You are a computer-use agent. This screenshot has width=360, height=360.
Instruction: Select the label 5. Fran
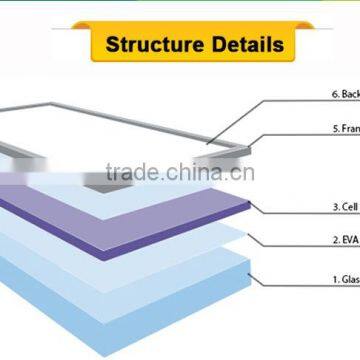[343, 129]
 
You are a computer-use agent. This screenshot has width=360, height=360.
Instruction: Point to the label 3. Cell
[342, 208]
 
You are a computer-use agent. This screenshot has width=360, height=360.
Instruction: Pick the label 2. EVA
[342, 240]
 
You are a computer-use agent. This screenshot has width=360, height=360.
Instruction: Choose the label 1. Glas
[342, 282]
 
